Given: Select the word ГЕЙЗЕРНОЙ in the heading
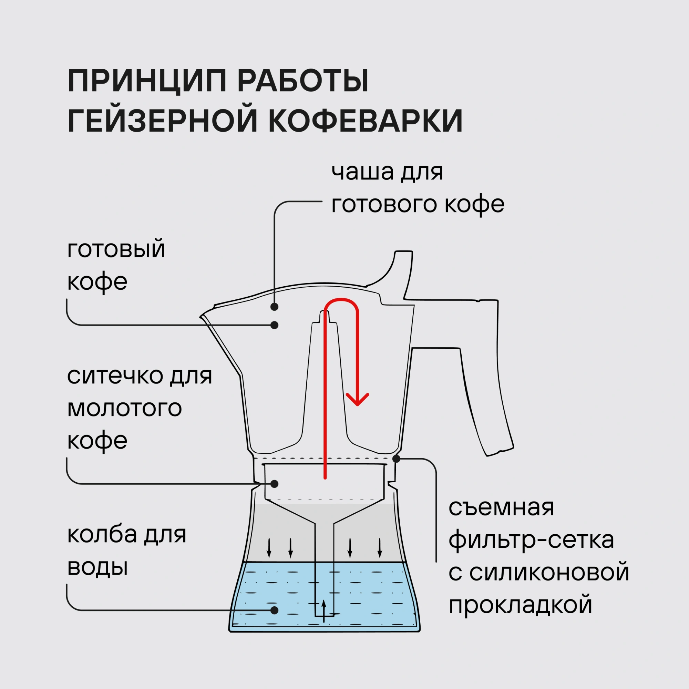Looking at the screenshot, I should (162, 120).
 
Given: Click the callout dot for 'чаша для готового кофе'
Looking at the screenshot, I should (274, 307).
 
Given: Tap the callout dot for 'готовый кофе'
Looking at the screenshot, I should (274, 325).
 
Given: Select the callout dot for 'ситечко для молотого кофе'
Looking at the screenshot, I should (274, 484).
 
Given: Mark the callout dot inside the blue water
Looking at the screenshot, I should (274, 610).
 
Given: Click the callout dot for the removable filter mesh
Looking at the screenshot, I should (396, 459).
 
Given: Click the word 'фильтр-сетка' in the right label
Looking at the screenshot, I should (531, 540).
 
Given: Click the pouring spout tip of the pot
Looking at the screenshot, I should (202, 316).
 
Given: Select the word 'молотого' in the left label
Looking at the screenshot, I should (124, 408).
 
